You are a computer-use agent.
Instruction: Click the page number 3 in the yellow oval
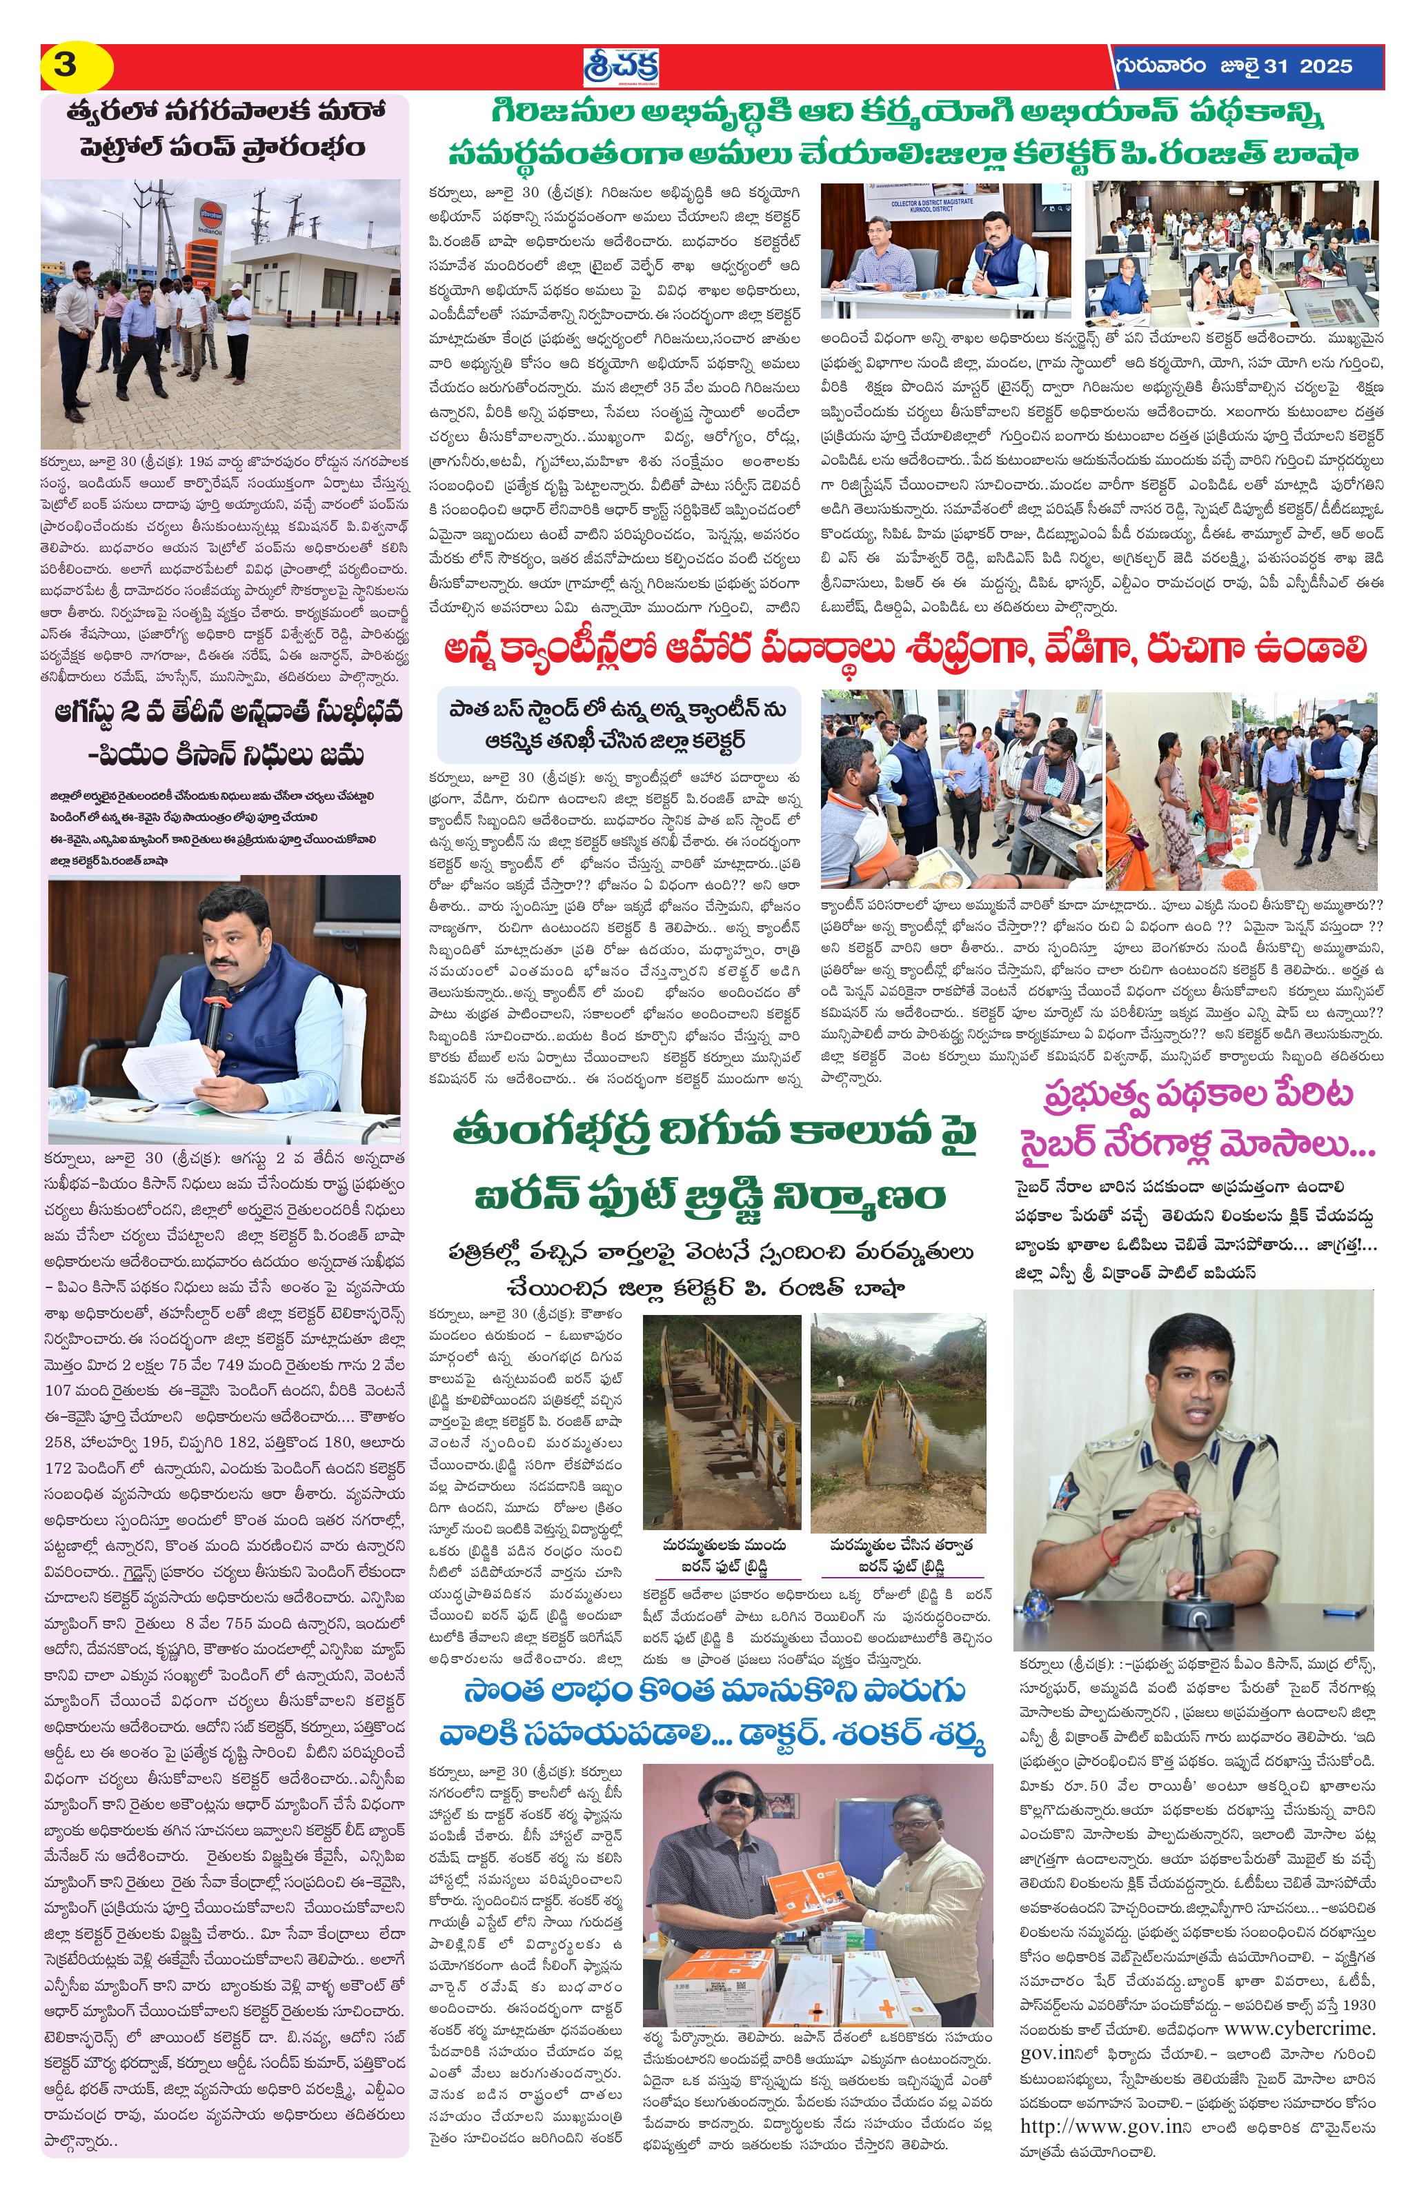point(66,66)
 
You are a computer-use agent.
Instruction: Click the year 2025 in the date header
point(1325,66)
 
